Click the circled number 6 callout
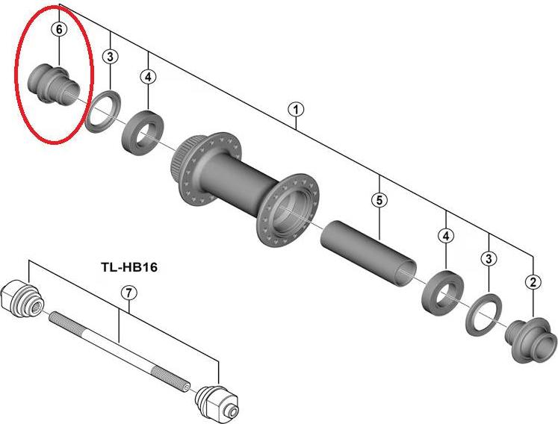tap(58, 29)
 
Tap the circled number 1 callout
tap(297, 109)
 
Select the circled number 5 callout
tap(379, 200)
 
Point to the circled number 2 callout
tap(533, 281)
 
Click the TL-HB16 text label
tap(131, 265)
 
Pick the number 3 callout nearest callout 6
tap(111, 56)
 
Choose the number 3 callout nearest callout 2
tap(489, 258)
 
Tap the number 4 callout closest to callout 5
tap(446, 236)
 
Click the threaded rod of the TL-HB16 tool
tap(120, 344)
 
